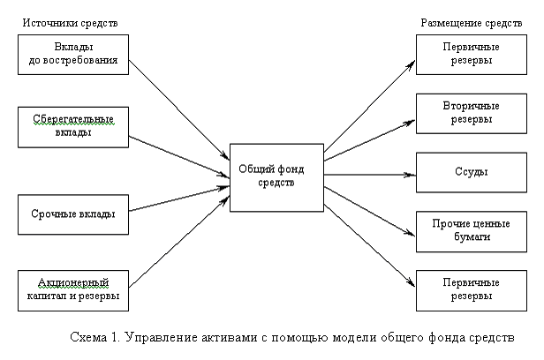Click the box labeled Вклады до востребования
pos(73,55)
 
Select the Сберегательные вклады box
pos(73,127)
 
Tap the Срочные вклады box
pos(73,214)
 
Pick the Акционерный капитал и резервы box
pos(73,290)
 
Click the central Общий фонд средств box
pos(276,177)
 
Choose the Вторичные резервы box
pos(472,113)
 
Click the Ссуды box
pos(472,172)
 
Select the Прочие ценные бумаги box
pos(472,231)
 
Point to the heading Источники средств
pos(70,23)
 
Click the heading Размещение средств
pos(472,23)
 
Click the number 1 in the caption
pos(115,337)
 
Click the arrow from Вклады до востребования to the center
pos(179,109)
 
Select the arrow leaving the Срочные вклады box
pos(179,199)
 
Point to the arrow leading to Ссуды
pos(370,175)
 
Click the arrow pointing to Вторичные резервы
pos(370,140)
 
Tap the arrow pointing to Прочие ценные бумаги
pos(370,212)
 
